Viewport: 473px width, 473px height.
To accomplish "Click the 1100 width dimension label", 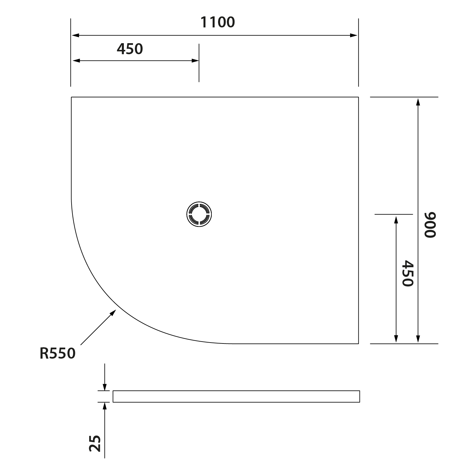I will [x=218, y=22].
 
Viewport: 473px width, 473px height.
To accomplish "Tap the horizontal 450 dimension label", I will [x=130, y=49].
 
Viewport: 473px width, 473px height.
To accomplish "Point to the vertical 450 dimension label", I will [x=408, y=273].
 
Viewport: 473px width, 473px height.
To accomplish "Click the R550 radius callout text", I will [x=58, y=353].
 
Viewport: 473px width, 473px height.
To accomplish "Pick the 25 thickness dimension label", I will [x=95, y=443].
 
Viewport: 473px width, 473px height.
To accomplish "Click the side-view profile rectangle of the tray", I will [x=236, y=396].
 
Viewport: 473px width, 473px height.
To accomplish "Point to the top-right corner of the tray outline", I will [x=358, y=97].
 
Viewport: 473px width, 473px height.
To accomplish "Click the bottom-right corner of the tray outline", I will [x=358, y=343].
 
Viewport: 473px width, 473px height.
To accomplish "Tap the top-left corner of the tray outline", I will [x=71, y=97].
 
